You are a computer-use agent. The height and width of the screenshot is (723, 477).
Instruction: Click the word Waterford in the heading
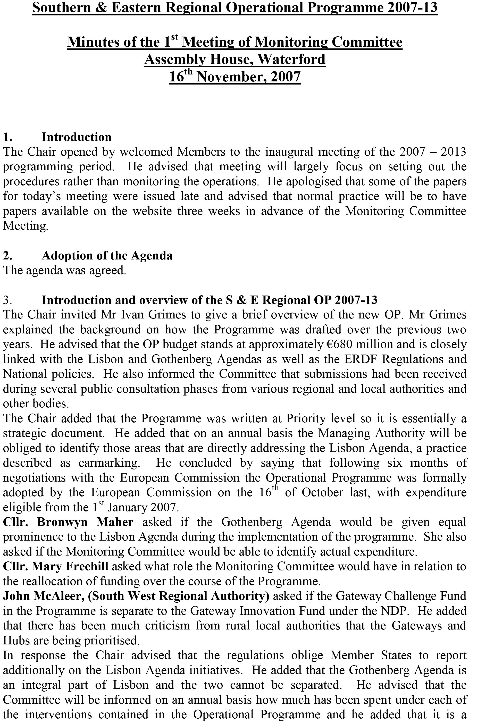(x=291, y=59)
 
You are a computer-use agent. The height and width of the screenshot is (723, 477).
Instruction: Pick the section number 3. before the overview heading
(x=8, y=300)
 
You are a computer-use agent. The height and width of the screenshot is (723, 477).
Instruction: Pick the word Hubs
(x=15, y=641)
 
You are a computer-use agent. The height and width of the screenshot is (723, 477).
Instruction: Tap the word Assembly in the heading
(x=175, y=59)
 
